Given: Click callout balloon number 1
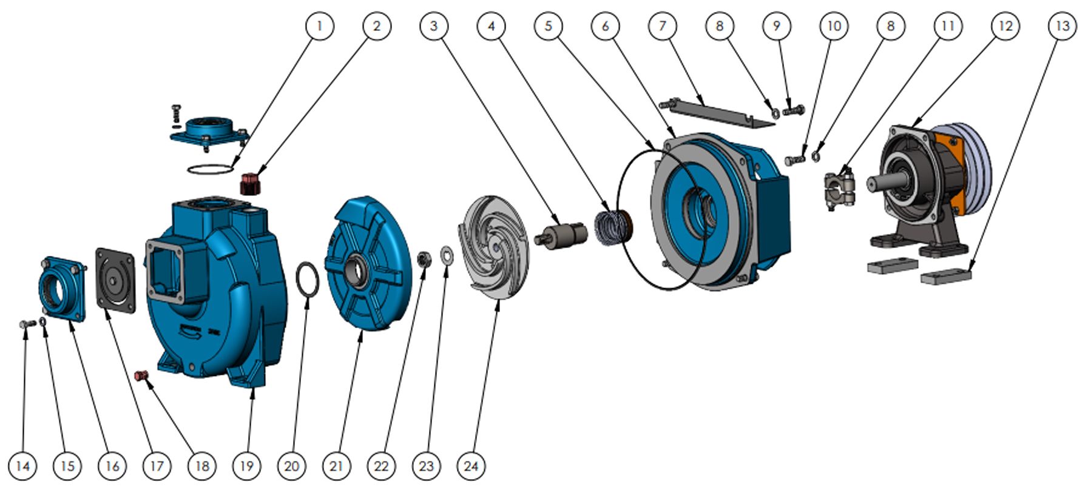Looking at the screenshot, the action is (320, 26).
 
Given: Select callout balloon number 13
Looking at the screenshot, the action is (1062, 26).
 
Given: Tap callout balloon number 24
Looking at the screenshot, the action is (471, 466).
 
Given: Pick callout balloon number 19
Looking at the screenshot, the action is (246, 466).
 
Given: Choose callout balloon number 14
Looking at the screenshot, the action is (22, 466).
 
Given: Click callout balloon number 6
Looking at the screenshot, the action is (605, 26).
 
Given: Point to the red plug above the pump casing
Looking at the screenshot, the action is (250, 184).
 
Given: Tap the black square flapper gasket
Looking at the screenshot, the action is (115, 280).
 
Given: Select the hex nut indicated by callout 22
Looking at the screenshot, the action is (424, 260).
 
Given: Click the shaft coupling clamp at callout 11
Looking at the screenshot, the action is (839, 189).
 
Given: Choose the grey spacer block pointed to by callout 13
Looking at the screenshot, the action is (945, 276).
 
